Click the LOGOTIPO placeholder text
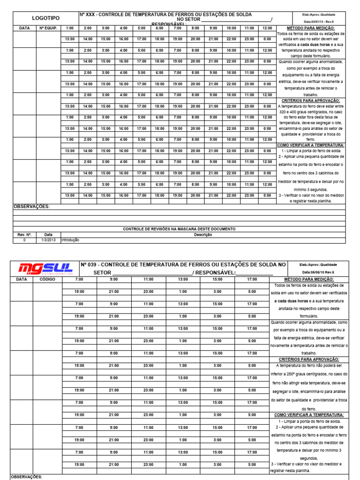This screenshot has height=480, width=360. tap(45, 18)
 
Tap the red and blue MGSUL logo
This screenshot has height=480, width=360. tap(45, 269)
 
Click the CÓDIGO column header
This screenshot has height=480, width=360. tap(47, 279)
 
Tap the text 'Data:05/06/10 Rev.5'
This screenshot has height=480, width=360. tap(318, 272)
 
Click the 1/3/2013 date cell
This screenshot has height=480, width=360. tap(49, 240)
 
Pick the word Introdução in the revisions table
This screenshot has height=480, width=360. tap(71, 240)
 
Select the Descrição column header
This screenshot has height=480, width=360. tap(202, 235)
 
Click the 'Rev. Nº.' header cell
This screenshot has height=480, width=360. tap(24, 235)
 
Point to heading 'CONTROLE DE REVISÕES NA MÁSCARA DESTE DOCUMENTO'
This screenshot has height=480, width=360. tap(179, 229)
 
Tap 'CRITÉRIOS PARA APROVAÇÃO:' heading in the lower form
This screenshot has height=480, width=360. tap(309, 359)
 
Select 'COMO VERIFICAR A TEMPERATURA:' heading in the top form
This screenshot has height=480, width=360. tap(310, 145)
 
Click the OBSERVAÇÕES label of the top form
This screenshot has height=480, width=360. tap(31, 207)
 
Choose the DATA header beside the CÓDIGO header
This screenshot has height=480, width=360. tap(22, 279)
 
